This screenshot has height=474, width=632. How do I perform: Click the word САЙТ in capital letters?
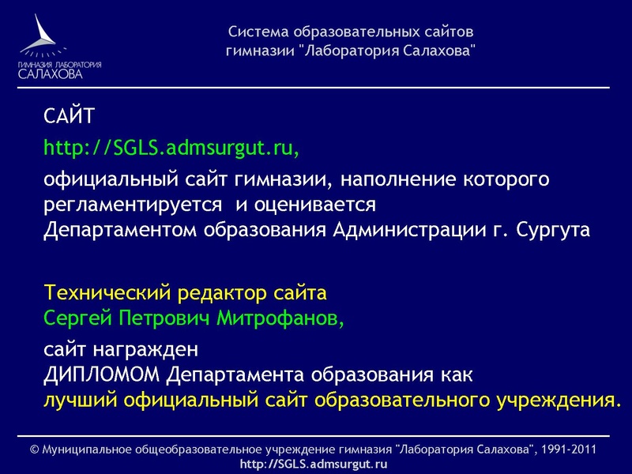pos(70,118)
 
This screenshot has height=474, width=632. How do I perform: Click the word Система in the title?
pos(259,33)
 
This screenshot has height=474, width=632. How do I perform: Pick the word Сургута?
pos(553,230)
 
